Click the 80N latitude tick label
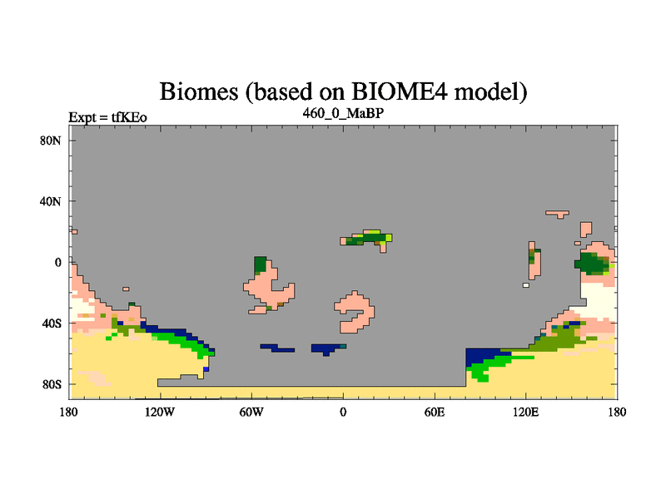pos(51,141)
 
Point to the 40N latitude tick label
pos(51,201)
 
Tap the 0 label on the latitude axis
pos(57,263)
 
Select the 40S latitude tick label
pos(52,324)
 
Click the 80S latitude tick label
pos(52,385)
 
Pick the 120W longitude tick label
pos(160,412)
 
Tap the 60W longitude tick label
pos(251,412)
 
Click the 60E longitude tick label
pos(435,412)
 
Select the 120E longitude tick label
pos(526,412)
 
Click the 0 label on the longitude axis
pos(343,412)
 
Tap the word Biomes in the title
pos(199,91)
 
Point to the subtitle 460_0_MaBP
pos(343,113)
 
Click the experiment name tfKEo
pos(129,117)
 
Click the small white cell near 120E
pos(526,285)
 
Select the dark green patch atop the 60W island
pos(260,264)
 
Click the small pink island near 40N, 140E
pos(557,214)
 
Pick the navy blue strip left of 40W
pos(278,348)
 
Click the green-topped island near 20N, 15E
pos(366,240)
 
